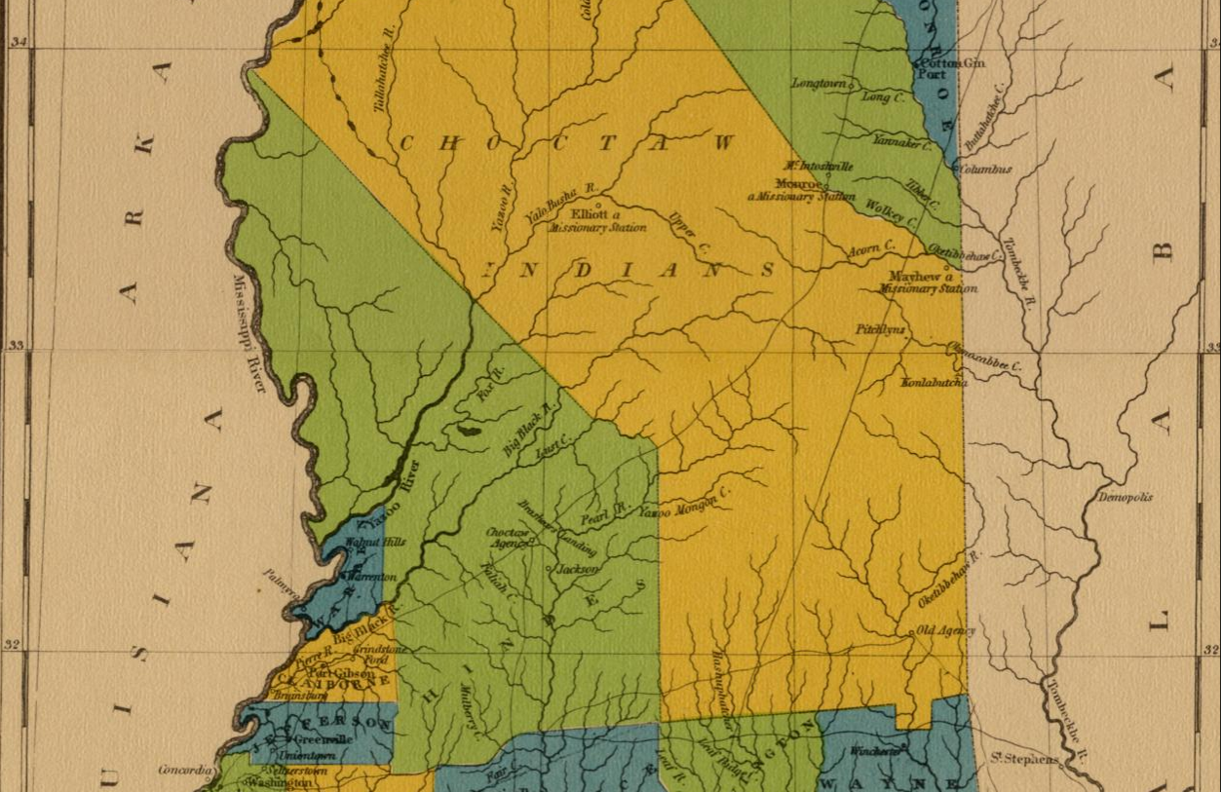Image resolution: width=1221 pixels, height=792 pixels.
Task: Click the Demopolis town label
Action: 1125,497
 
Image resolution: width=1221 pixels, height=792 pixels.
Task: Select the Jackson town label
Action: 578,569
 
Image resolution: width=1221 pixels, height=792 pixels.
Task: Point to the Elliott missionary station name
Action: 590,214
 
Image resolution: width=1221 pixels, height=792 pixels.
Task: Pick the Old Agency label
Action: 946,631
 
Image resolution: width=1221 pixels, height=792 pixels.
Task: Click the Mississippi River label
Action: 249,333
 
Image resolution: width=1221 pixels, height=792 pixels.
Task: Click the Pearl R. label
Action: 607,514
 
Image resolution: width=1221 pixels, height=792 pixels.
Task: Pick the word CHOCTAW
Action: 565,143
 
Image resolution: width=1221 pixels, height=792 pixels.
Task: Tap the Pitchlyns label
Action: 880,329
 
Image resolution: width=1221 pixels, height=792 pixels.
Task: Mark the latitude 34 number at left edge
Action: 17,42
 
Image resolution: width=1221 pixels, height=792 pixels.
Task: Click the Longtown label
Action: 819,84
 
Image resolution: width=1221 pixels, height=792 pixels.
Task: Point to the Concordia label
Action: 184,770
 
